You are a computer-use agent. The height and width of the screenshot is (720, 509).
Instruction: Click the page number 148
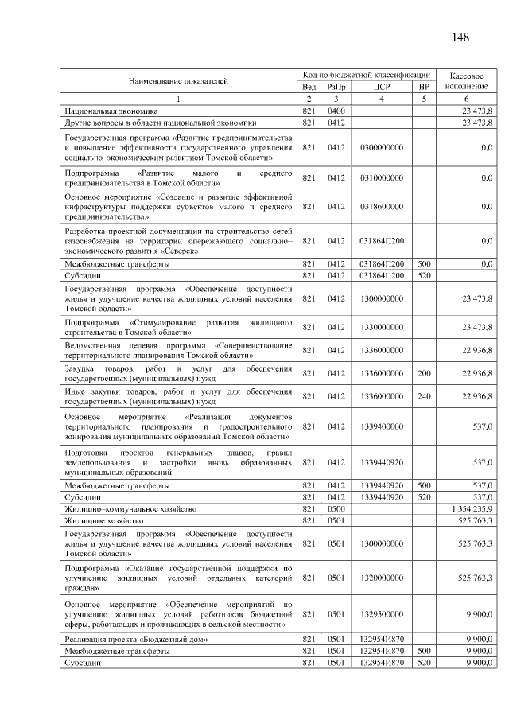click(x=461, y=38)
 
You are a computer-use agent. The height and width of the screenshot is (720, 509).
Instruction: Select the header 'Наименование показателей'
click(x=178, y=80)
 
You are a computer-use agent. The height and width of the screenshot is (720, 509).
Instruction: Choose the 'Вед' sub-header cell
click(x=309, y=86)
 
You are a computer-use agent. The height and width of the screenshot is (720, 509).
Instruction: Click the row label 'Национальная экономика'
click(x=111, y=111)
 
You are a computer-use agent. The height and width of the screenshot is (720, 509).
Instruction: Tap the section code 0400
click(x=336, y=111)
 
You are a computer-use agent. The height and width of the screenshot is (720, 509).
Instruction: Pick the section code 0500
click(x=336, y=508)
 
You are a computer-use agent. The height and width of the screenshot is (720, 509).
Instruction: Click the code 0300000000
click(x=381, y=147)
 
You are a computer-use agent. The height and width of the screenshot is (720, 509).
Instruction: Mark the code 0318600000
click(x=381, y=207)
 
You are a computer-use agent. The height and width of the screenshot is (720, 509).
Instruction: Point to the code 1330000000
click(x=381, y=327)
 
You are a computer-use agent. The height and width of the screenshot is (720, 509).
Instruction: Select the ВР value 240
click(x=424, y=395)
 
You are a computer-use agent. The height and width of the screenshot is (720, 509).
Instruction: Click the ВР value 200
click(x=424, y=373)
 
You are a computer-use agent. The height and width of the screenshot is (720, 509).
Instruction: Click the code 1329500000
click(x=381, y=614)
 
